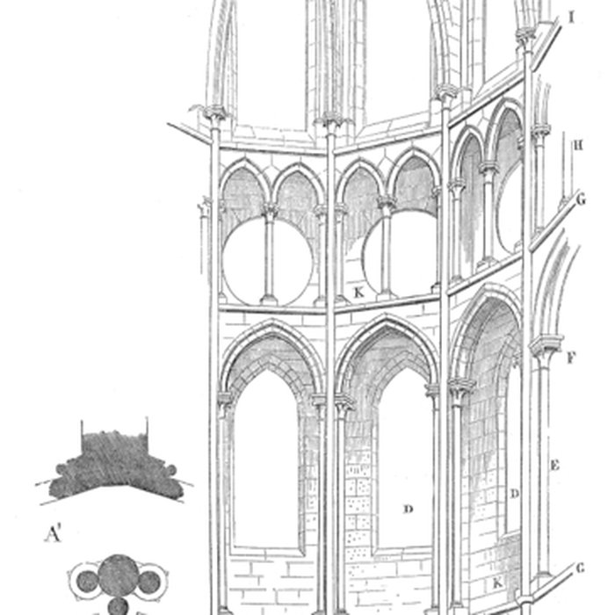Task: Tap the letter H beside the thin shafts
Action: pos(577,145)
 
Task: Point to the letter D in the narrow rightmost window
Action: pos(515,494)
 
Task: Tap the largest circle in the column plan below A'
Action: pos(115,576)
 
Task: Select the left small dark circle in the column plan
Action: pos(87,579)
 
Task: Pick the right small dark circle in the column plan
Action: pos(148,579)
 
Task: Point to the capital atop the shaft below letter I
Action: pos(526,37)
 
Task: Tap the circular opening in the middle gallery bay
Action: pos(401,255)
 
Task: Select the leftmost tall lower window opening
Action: pos(266,466)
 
